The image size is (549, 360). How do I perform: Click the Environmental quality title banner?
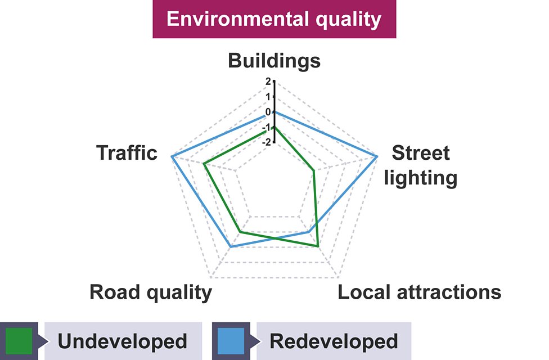point(274,19)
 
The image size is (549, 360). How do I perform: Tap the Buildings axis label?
point(274,61)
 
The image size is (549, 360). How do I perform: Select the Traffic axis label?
point(127,152)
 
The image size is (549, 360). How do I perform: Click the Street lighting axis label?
point(420,165)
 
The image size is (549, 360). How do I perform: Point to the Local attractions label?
point(419,292)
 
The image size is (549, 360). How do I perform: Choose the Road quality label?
point(151,292)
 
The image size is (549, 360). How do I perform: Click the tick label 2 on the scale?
point(268,81)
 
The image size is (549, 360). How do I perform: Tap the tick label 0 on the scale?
point(268,112)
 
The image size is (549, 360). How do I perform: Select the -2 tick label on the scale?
point(267,142)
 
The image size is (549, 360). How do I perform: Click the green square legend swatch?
point(19,341)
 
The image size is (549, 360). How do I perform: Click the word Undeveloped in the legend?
point(122,341)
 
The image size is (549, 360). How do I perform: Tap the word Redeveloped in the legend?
point(334,341)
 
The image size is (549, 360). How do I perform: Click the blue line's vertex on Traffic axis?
point(172,156)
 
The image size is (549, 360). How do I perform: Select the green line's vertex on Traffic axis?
point(205,164)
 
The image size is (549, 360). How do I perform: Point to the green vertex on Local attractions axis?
point(318,246)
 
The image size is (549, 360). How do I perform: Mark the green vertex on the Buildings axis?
point(274,128)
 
